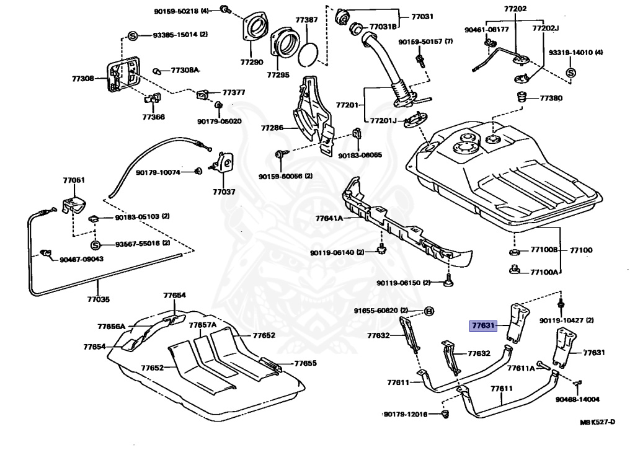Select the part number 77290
pos(252,62)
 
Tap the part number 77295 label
pos(278,74)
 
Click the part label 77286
pos(272,128)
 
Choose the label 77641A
pos(329,218)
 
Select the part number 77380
pos(551,98)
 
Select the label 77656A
pos(111,326)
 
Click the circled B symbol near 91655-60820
pos(429,310)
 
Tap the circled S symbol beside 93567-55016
pos(95,244)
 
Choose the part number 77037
pos(224,192)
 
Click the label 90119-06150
pos(399,283)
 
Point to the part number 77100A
pos(544,272)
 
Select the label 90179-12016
pos(406,413)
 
